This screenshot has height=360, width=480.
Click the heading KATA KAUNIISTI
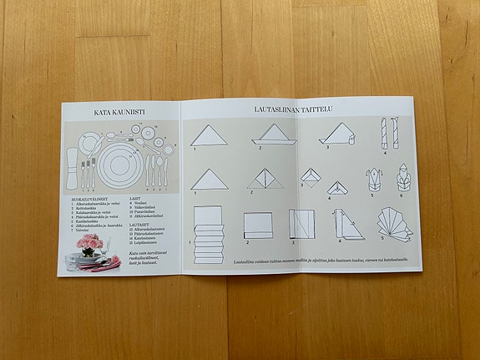(x=120, y=110)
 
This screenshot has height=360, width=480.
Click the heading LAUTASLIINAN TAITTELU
(x=296, y=109)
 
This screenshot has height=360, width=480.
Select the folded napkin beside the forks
(x=71, y=166)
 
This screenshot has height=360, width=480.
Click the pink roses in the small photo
(x=89, y=243)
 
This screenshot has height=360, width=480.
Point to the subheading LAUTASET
(x=139, y=224)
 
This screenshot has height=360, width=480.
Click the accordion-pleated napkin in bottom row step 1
(x=208, y=233)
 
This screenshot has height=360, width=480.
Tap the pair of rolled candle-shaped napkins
(x=389, y=134)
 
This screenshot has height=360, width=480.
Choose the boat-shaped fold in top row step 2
(x=271, y=134)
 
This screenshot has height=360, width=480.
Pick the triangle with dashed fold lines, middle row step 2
(x=264, y=179)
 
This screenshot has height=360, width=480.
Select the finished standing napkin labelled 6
(x=402, y=178)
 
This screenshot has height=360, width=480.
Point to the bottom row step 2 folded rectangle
(x=258, y=224)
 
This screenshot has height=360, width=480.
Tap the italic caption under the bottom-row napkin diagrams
(x=321, y=261)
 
